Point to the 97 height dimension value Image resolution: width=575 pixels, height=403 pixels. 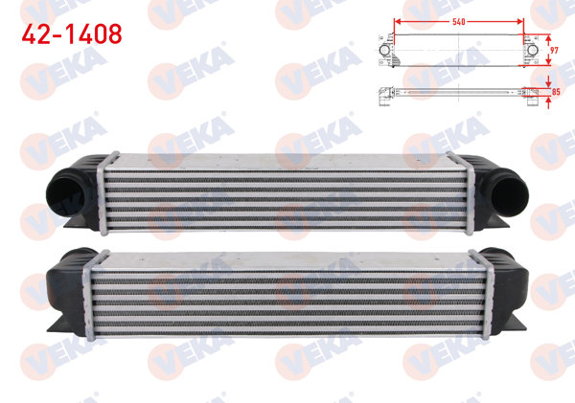(554, 46)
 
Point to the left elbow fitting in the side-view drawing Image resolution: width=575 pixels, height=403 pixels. (382, 93)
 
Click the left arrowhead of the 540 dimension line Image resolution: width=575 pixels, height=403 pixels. (396, 20)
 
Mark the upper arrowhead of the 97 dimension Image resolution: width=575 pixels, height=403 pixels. (547, 34)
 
